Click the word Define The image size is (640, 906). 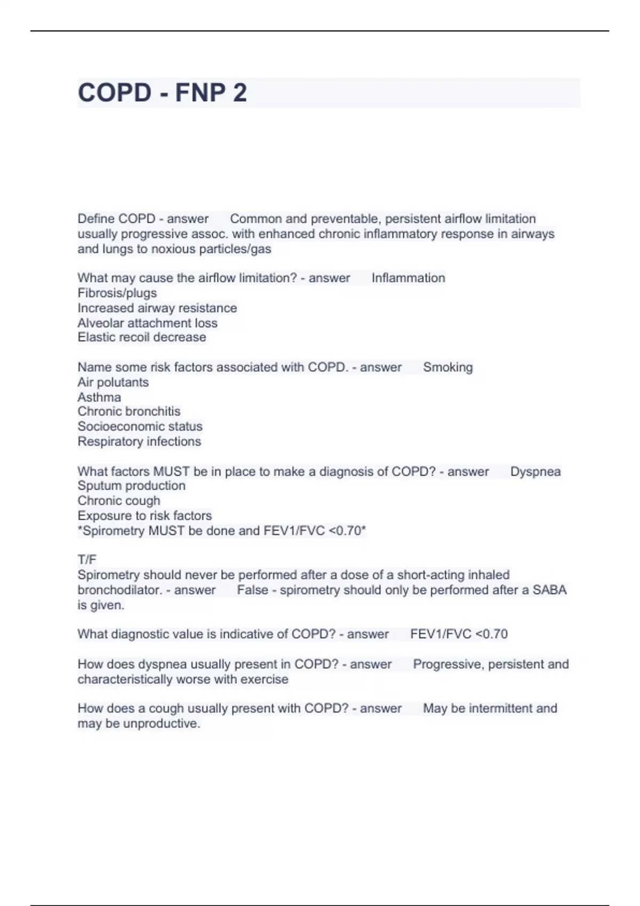tap(96, 219)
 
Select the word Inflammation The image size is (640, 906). tap(408, 278)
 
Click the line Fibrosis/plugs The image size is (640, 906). tap(117, 293)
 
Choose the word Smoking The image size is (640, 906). tap(447, 367)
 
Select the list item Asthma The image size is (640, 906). tap(99, 397)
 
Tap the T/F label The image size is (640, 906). tap(87, 560)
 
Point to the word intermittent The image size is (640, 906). tap(500, 708)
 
